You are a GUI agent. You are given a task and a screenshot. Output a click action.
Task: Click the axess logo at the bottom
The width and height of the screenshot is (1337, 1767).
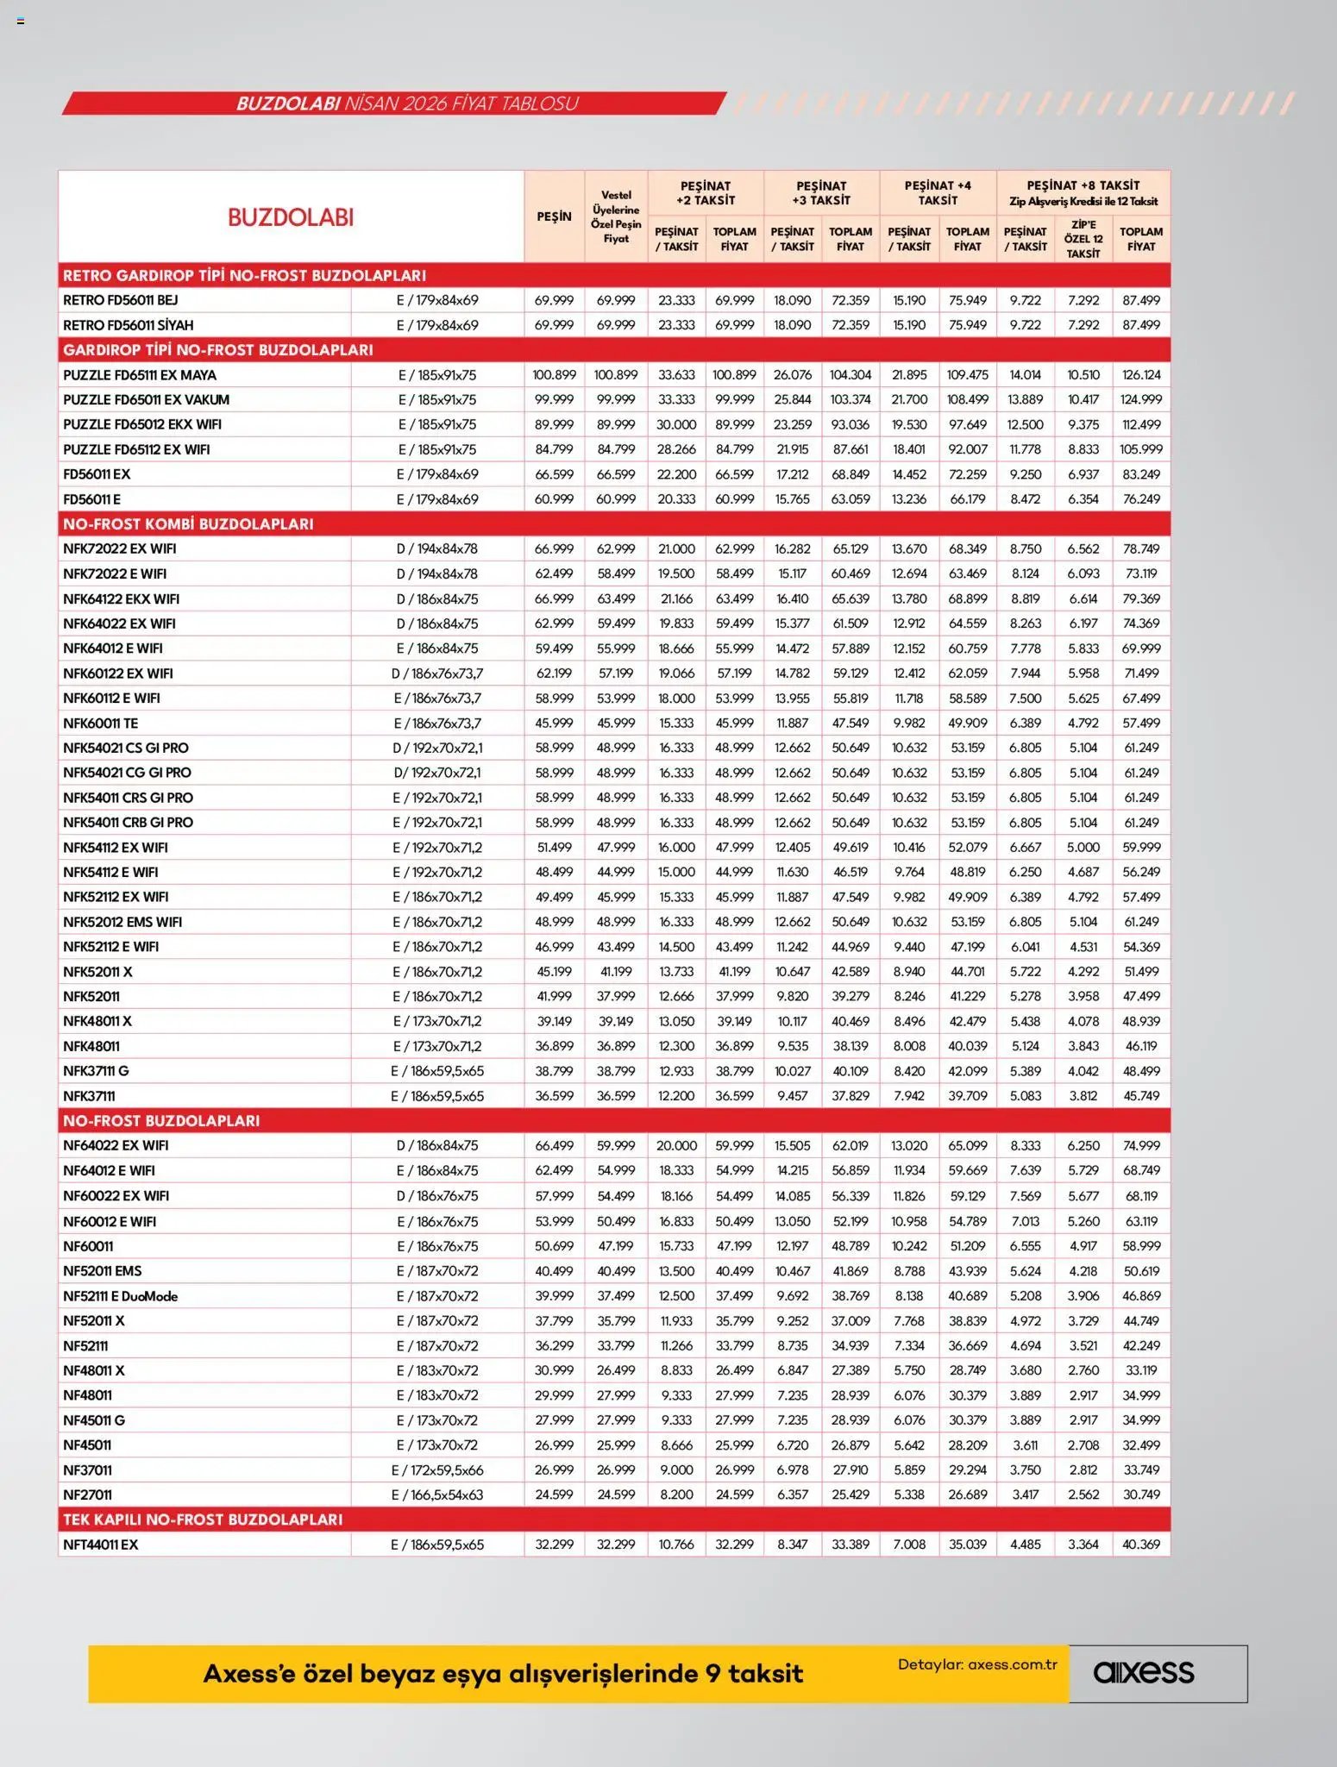1144,1672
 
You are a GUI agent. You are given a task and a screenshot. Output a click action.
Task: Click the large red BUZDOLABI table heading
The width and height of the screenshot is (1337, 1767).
291,217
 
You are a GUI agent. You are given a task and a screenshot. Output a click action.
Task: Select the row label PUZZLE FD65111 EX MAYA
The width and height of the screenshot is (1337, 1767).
140,375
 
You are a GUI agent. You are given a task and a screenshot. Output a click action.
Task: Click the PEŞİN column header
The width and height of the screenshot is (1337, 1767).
554,216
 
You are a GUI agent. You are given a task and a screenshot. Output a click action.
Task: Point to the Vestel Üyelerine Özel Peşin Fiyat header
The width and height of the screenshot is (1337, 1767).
616,216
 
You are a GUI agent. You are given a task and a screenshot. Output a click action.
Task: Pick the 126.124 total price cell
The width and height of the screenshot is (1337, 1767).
1140,375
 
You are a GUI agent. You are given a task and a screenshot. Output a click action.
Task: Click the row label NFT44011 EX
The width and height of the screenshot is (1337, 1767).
101,1545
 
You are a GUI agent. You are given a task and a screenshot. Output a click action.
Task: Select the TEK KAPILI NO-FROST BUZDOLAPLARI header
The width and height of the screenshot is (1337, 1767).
203,1519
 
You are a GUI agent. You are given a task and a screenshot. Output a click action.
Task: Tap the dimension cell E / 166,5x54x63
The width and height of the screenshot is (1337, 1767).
437,1494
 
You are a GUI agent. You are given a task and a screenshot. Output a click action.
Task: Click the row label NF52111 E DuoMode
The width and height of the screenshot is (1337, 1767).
121,1296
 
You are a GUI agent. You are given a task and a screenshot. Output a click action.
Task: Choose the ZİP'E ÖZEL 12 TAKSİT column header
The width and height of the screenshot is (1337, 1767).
1083,239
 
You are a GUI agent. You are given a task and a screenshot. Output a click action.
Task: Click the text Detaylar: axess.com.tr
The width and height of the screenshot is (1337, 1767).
977,1664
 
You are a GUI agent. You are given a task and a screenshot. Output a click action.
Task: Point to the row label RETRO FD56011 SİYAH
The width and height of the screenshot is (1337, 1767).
129,325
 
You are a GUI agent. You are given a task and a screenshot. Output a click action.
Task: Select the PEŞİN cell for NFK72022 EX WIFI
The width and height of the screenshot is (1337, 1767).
554,549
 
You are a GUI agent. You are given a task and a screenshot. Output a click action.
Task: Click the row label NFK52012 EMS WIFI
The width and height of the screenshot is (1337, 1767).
122,922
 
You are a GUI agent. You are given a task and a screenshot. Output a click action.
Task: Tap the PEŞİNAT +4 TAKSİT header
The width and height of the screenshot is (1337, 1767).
938,192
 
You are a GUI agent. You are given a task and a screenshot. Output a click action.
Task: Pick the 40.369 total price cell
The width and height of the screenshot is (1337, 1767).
1140,1545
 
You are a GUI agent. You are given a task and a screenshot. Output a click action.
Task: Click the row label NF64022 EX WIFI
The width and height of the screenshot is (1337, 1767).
116,1146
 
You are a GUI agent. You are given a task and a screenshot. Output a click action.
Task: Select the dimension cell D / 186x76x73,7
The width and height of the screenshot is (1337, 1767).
437,674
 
